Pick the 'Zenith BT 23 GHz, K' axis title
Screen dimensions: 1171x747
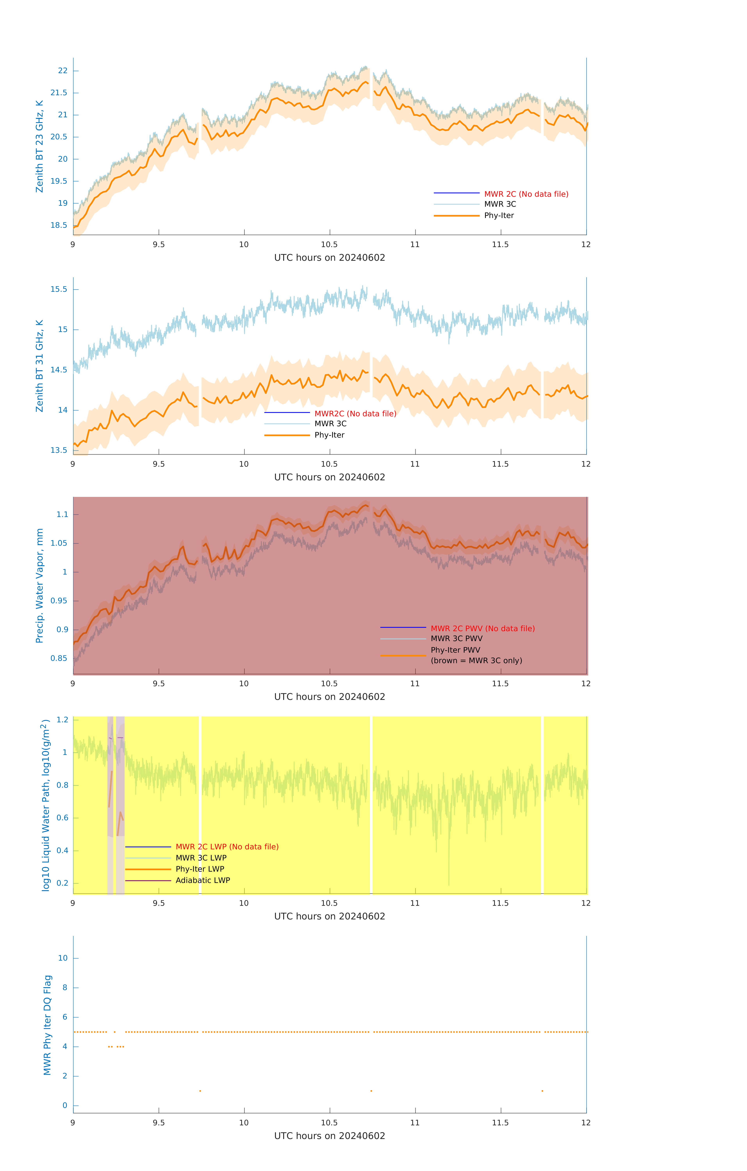(x=39, y=146)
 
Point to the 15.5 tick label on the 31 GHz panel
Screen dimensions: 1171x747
(x=59, y=289)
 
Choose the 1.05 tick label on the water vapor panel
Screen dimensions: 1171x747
(x=59, y=543)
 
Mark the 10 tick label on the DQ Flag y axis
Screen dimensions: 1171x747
(x=63, y=958)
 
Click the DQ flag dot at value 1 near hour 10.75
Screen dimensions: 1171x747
(x=371, y=1091)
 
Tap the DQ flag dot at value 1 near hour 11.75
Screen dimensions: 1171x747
(x=542, y=1091)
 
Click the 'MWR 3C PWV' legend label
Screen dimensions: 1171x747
(x=456, y=639)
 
